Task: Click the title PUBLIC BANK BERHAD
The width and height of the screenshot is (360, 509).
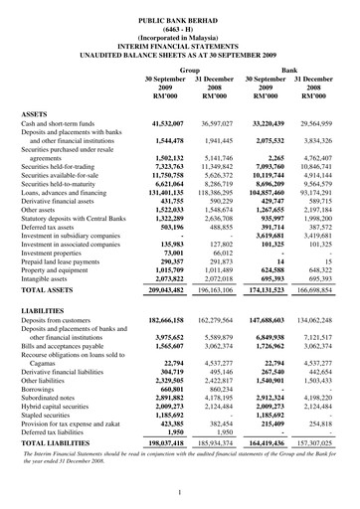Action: (180, 9)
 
